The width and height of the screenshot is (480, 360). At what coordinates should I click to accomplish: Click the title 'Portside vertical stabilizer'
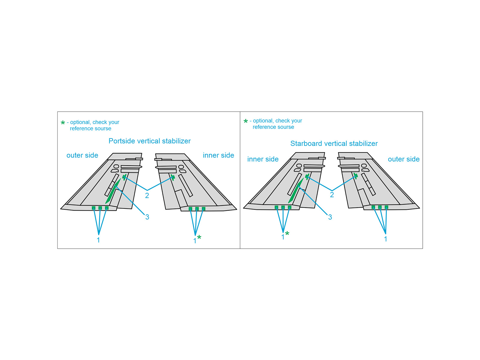coord(149,141)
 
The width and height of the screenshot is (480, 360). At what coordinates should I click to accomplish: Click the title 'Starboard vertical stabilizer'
coord(334,143)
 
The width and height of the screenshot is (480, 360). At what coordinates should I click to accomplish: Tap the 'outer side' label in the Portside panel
coord(82,155)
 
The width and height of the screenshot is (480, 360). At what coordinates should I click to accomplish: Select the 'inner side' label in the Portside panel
coord(218,155)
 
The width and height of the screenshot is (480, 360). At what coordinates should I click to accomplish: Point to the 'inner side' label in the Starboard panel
coord(263,159)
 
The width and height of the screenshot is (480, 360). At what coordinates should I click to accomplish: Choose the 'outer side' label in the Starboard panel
coord(403,159)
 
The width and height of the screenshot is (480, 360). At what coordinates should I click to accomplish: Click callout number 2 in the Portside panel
coord(147,196)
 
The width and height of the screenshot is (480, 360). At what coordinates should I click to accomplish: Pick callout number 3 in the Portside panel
coord(147,217)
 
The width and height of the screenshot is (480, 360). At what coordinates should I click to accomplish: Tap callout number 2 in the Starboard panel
coord(332,195)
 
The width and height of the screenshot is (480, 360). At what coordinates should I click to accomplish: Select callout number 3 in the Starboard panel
coord(330,217)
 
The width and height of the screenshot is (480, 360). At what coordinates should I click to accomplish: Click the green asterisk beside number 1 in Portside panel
coord(199,238)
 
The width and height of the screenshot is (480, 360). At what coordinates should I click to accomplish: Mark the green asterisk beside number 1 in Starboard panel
coord(287,234)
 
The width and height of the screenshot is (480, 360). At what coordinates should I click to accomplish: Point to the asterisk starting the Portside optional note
coord(63,123)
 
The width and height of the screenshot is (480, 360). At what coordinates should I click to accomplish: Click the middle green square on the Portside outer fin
coord(100,208)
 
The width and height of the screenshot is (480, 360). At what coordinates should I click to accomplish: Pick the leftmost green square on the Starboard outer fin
coord(373,207)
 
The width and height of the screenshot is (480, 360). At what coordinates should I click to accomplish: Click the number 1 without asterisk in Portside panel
coord(98,240)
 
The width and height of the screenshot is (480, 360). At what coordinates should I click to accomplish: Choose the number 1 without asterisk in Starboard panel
coord(385,239)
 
